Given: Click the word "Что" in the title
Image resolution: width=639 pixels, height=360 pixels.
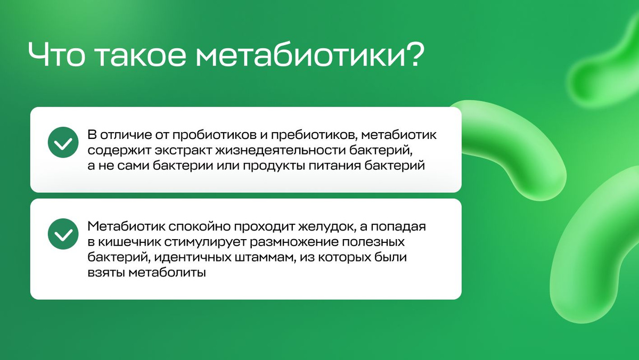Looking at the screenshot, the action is (x=56, y=55).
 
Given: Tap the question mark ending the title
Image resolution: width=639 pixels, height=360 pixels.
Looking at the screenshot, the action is (x=413, y=54).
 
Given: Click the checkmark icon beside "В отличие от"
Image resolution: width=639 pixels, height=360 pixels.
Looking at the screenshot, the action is (x=63, y=142).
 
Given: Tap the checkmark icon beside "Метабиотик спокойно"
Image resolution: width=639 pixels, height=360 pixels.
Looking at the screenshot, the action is (x=63, y=234).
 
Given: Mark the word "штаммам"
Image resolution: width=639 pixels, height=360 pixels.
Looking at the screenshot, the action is (x=265, y=258).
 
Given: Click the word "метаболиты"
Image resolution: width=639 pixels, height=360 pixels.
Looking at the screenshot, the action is (x=167, y=273).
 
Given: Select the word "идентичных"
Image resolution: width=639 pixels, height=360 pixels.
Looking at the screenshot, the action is (x=193, y=258).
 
